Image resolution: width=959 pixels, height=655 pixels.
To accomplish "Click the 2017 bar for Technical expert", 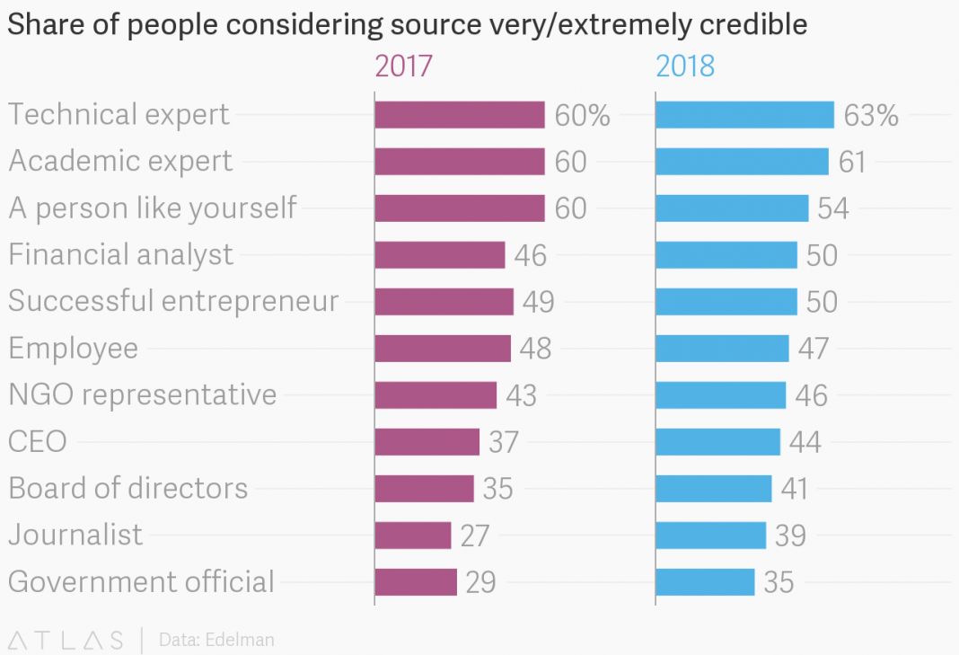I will pyautogui.click(x=459, y=115).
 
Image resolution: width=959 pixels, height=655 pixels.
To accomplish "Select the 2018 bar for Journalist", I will pyautogui.click(x=710, y=536).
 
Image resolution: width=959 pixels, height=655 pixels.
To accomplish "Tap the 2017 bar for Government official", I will pyautogui.click(x=416, y=582).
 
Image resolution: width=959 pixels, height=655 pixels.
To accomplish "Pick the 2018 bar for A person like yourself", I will pyautogui.click(x=732, y=208).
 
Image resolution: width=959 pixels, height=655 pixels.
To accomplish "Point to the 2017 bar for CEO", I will pyautogui.click(x=427, y=442).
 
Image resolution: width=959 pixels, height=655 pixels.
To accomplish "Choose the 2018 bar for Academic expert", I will pyautogui.click(x=742, y=162).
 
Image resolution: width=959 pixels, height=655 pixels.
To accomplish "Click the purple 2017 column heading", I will pyautogui.click(x=403, y=66).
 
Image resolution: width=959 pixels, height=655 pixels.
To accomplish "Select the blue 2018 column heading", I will pyautogui.click(x=685, y=66).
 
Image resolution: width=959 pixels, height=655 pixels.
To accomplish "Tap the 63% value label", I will pyautogui.click(x=871, y=115).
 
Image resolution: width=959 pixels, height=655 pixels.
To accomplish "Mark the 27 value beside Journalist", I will pyautogui.click(x=475, y=536).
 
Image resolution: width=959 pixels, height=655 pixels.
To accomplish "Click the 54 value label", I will pyautogui.click(x=833, y=208).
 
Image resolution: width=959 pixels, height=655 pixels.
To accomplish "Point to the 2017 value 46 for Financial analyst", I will pyautogui.click(x=531, y=255).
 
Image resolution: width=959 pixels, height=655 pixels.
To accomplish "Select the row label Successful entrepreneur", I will pyautogui.click(x=173, y=301).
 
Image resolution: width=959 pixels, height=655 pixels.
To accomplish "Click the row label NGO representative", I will pyautogui.click(x=142, y=394).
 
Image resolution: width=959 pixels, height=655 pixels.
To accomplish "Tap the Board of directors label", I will pyautogui.click(x=128, y=488).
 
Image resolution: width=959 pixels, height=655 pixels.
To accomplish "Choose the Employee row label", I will pyautogui.click(x=74, y=348).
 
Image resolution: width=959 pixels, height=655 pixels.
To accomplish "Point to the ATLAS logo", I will pyautogui.click(x=66, y=641).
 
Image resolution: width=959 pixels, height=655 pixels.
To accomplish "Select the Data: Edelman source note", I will pyautogui.click(x=216, y=641).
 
